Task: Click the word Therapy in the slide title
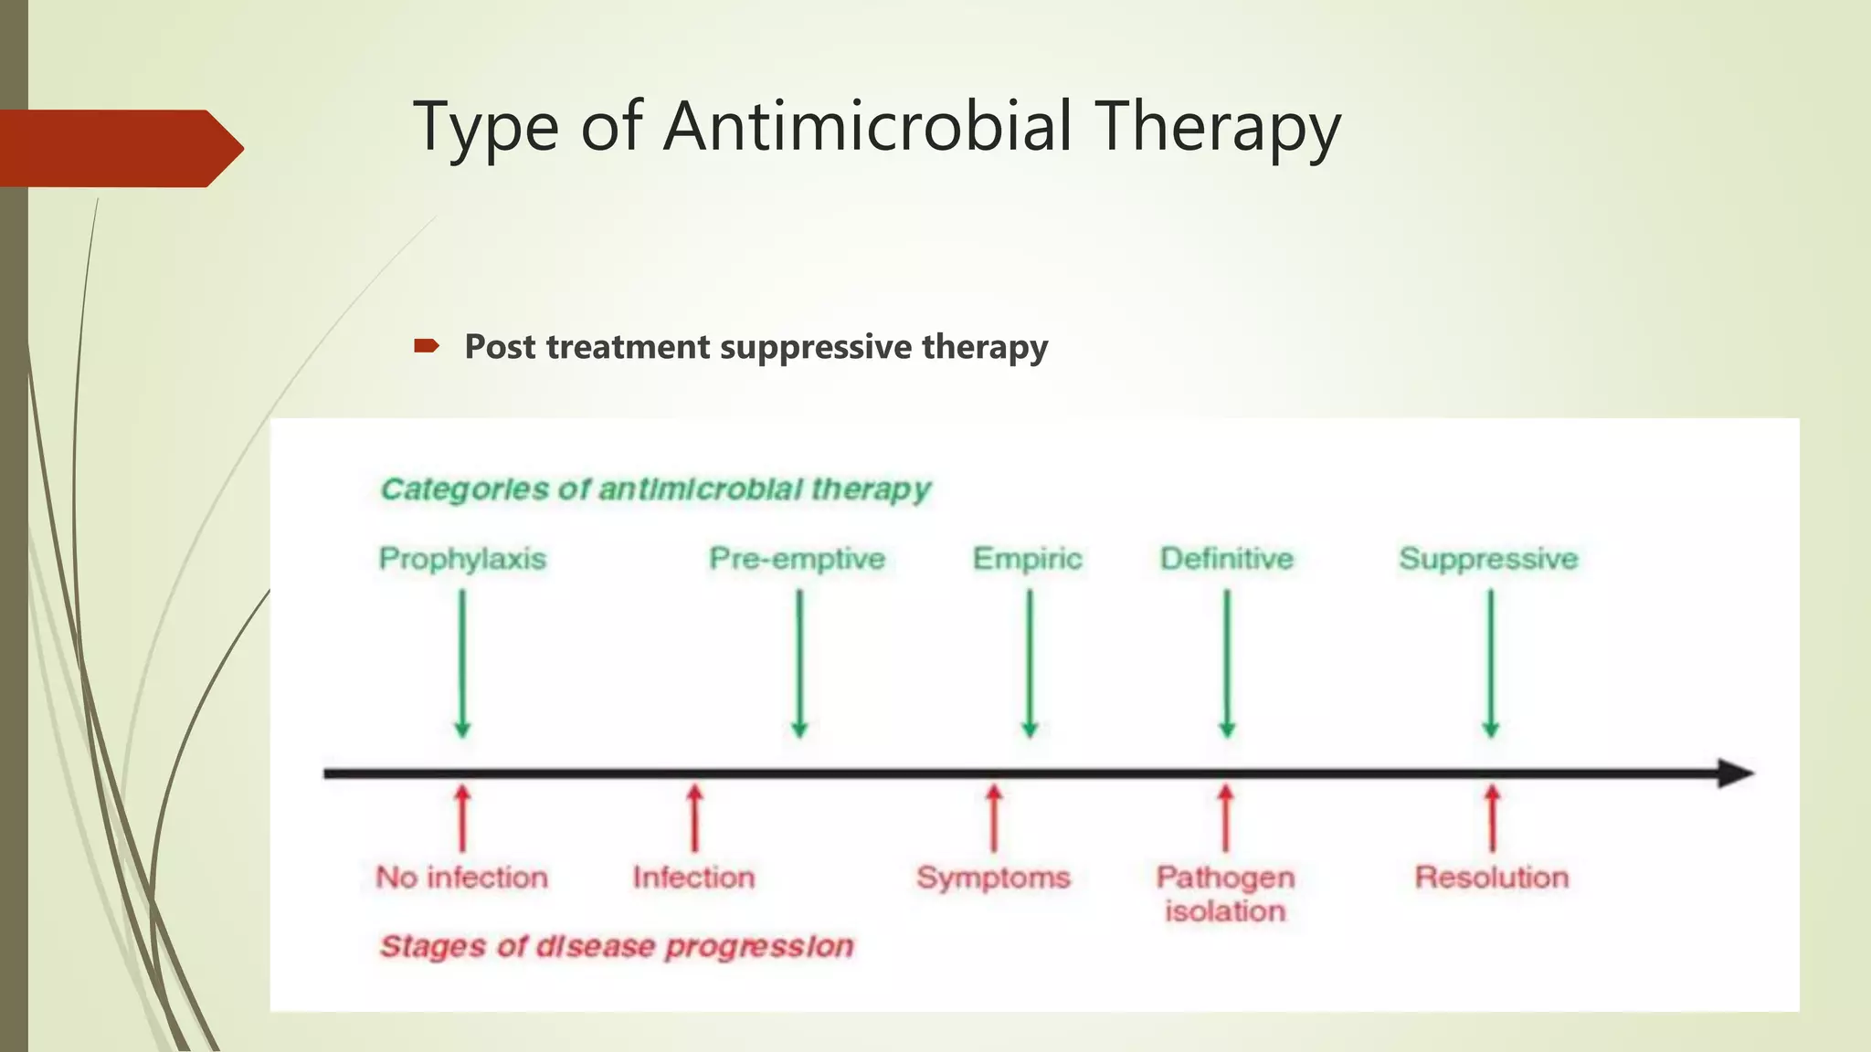tap(1219, 128)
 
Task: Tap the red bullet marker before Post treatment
tap(426, 346)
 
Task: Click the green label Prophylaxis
tap(462, 558)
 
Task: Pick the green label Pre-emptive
tap(798, 558)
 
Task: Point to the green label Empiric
tap(1027, 558)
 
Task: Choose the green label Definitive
tap(1227, 558)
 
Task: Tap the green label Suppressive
tap(1488, 558)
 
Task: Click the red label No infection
tap(462, 877)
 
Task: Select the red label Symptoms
tap(993, 877)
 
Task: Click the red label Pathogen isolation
tap(1225, 893)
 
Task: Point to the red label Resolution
tap(1492, 877)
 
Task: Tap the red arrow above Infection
tap(694, 817)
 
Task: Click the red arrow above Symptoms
tap(994, 817)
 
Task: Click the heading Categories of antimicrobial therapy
tap(655, 489)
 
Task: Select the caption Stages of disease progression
tap(617, 946)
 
